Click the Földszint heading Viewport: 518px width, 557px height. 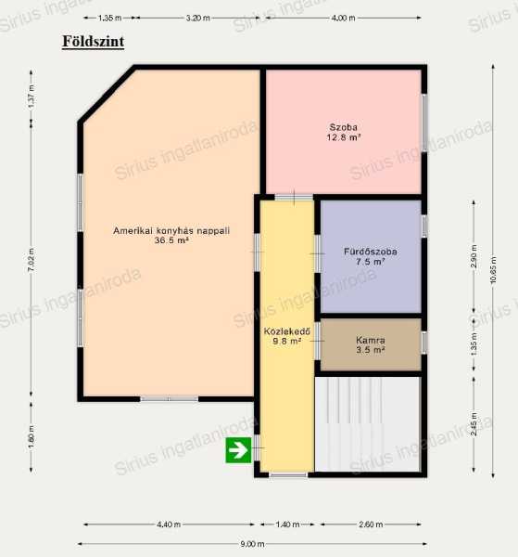pos(94,41)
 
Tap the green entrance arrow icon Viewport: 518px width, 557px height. pos(238,450)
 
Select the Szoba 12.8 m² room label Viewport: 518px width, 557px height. pos(343,132)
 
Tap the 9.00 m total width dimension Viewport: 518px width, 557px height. pos(252,543)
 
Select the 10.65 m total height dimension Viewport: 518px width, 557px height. pos(493,270)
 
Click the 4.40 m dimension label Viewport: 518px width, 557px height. pos(169,524)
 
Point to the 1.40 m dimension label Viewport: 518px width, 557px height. pos(287,524)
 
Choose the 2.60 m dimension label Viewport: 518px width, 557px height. pos(371,524)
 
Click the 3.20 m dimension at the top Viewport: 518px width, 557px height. pos(197,18)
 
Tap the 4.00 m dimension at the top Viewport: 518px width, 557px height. pos(343,18)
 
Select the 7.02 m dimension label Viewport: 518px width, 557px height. pos(32,260)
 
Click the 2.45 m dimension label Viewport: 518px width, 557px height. pos(474,424)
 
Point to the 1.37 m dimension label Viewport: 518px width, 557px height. pos(32,97)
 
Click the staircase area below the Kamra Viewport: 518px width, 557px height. pos(367,424)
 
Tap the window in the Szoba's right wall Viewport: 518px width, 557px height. pos(424,123)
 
